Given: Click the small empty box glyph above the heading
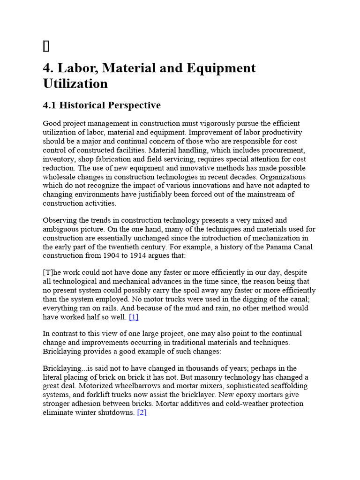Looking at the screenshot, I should (45, 46).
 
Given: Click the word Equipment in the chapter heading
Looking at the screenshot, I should (221, 68).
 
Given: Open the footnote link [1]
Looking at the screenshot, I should (134, 317).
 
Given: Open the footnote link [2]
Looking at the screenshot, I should (142, 413).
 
